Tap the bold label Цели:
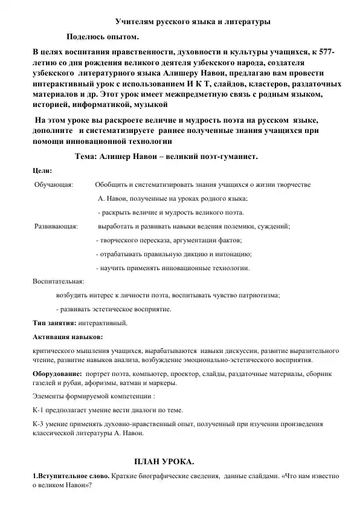40,171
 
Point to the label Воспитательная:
58,281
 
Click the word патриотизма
259,296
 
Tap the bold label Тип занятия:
53,323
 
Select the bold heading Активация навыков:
67,337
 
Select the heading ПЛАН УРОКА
164,462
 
